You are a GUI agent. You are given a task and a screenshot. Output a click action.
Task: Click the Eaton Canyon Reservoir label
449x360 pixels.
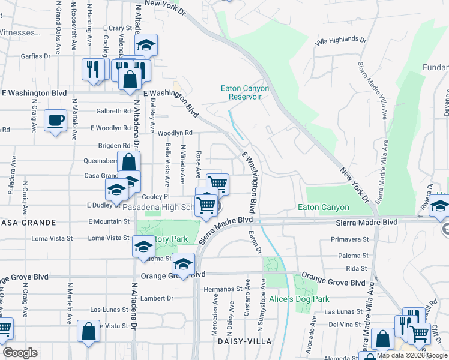pos(245,92)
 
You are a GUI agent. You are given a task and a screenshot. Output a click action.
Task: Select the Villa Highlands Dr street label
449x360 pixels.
pos(340,41)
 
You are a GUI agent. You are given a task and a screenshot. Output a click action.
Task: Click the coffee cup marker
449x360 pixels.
pos(56,120)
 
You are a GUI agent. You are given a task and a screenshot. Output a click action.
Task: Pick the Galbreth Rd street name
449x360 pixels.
pos(113,111)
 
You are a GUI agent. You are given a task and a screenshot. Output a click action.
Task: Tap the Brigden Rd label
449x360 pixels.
pos(114,146)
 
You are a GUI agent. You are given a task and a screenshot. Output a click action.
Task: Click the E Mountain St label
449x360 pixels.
pos(109,221)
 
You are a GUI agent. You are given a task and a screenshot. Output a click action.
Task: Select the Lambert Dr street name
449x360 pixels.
pos(158,298)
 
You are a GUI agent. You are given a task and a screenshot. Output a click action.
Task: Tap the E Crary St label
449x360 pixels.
pos(117,28)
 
